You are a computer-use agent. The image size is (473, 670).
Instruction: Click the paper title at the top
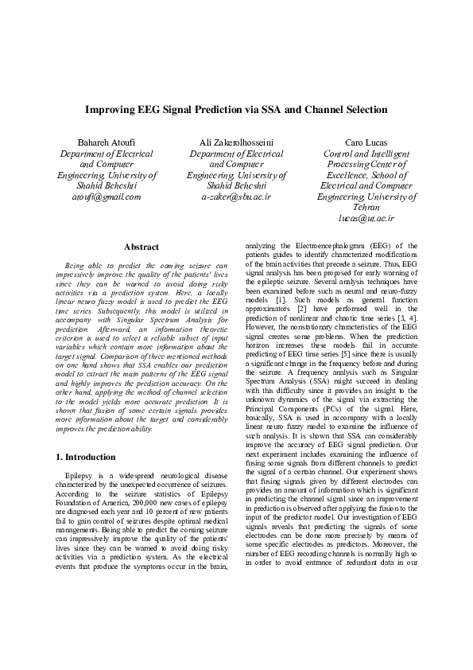(236, 110)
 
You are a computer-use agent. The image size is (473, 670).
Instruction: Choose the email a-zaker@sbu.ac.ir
(236, 196)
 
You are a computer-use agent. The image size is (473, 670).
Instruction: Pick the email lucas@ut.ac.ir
(366, 217)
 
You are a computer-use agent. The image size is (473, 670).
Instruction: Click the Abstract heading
(142, 247)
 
